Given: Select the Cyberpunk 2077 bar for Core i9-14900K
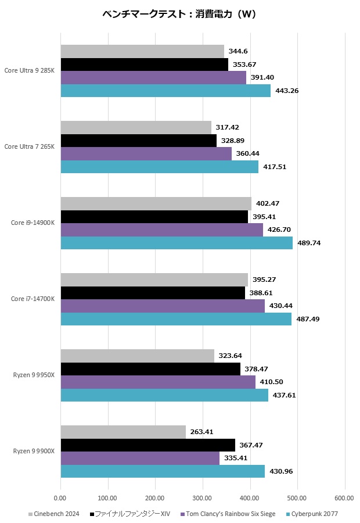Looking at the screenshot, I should point(177,243).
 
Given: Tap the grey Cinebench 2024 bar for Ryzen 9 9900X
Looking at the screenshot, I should point(123,432).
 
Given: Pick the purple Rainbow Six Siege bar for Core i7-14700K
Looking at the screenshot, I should point(163,306).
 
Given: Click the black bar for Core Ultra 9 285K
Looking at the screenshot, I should point(144,65).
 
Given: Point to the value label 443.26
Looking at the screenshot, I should point(287,91).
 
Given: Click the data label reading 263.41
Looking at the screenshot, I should point(202,432).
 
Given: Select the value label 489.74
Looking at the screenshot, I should point(308,243).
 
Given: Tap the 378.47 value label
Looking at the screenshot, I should point(257,369).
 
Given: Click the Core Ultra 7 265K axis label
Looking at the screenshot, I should point(29,147).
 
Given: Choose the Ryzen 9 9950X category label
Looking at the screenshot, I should point(34,375).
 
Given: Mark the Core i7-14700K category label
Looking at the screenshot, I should point(33,299).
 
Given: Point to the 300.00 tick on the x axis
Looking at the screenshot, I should point(202,498).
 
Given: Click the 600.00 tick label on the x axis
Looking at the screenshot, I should point(344,498).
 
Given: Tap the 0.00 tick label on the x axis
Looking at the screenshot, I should point(60,498).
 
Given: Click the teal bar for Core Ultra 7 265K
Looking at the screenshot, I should point(159,167).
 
